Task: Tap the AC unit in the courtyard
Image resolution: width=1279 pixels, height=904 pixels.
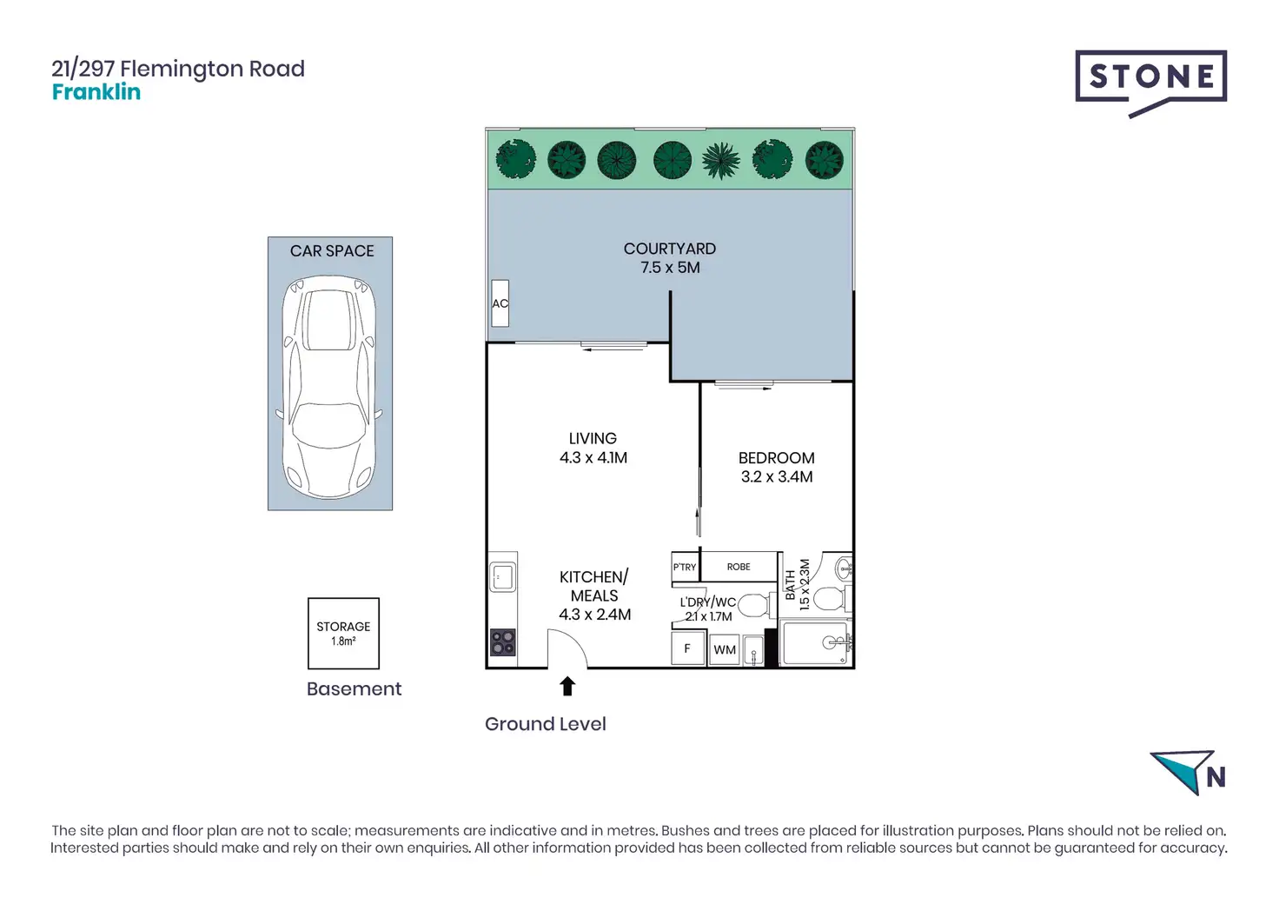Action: (x=500, y=303)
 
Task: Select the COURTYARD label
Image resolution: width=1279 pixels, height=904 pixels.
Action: (x=669, y=249)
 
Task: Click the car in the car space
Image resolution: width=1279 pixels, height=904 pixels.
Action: (x=330, y=386)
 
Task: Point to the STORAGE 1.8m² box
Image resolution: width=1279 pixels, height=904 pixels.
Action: (x=343, y=633)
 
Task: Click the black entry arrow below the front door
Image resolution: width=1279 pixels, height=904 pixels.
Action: (x=567, y=687)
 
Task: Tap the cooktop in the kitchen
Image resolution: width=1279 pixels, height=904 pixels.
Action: (x=503, y=641)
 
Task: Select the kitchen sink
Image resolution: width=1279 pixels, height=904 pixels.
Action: (x=503, y=576)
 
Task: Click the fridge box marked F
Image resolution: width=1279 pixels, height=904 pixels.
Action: (x=687, y=648)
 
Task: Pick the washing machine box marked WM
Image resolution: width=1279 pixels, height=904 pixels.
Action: (x=725, y=649)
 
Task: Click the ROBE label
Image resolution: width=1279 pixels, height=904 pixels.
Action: (x=739, y=567)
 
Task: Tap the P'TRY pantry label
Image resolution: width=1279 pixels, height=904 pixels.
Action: (x=685, y=567)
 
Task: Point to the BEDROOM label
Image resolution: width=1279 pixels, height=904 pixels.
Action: (x=776, y=458)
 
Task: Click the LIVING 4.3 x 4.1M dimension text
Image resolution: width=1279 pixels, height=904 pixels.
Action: (x=593, y=458)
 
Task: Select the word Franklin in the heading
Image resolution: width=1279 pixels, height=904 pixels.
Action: (x=96, y=92)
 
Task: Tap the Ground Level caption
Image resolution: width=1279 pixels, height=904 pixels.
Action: (x=545, y=724)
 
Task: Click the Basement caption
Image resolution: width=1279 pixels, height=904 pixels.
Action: (x=354, y=689)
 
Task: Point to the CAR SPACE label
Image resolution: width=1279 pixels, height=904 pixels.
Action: (x=332, y=251)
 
